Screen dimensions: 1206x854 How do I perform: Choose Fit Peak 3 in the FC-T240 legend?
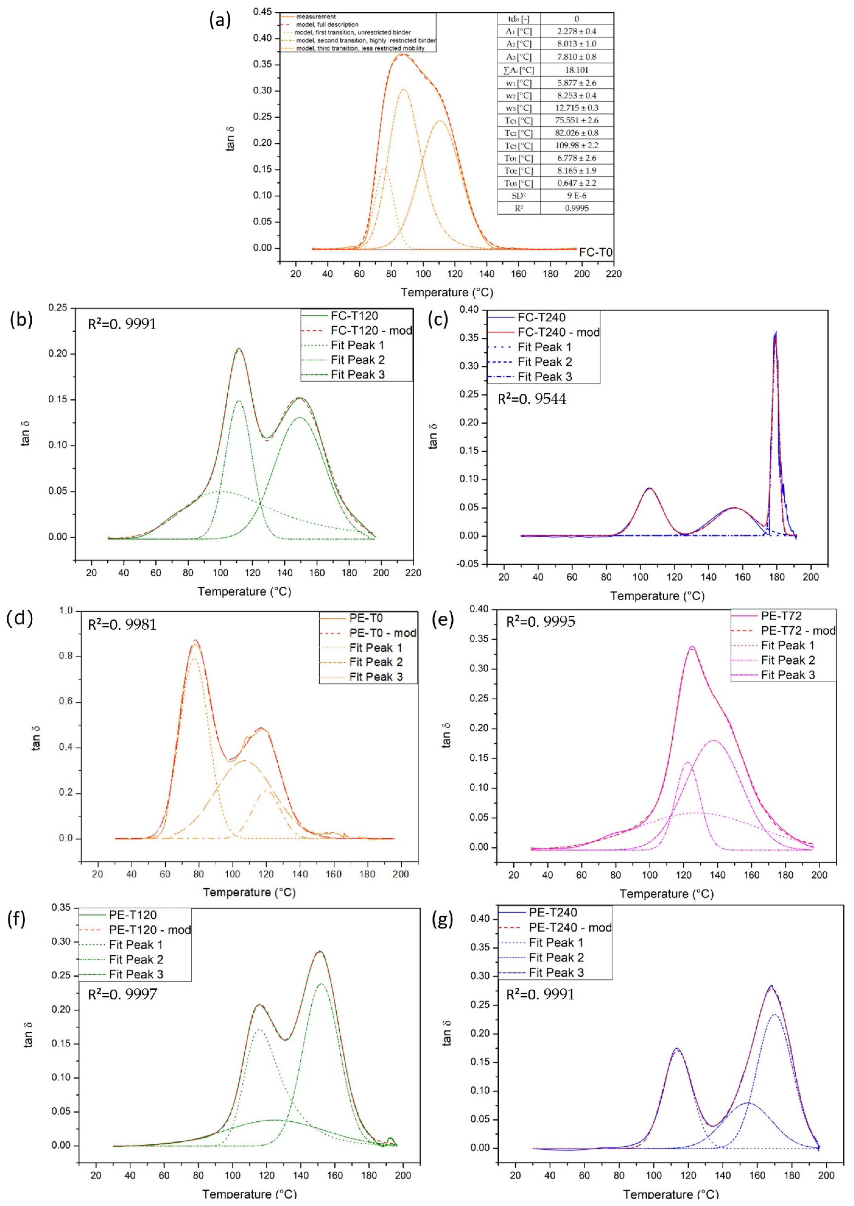pyautogui.click(x=544, y=376)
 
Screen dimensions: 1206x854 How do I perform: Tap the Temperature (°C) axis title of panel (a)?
pyautogui.click(x=446, y=293)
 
